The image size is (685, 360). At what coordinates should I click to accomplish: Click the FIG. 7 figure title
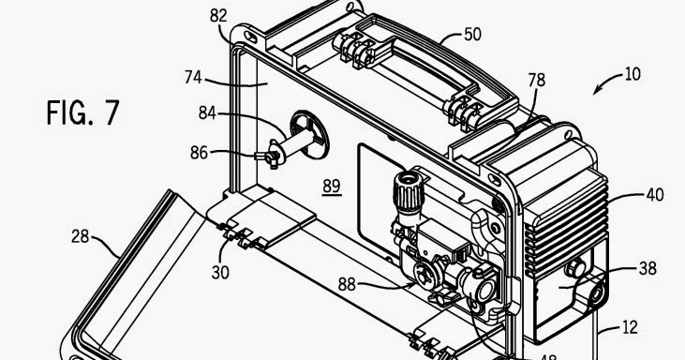(83, 113)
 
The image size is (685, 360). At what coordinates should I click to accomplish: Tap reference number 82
(217, 16)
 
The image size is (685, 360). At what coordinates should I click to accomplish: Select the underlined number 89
(332, 186)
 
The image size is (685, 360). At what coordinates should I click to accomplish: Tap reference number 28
(79, 236)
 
